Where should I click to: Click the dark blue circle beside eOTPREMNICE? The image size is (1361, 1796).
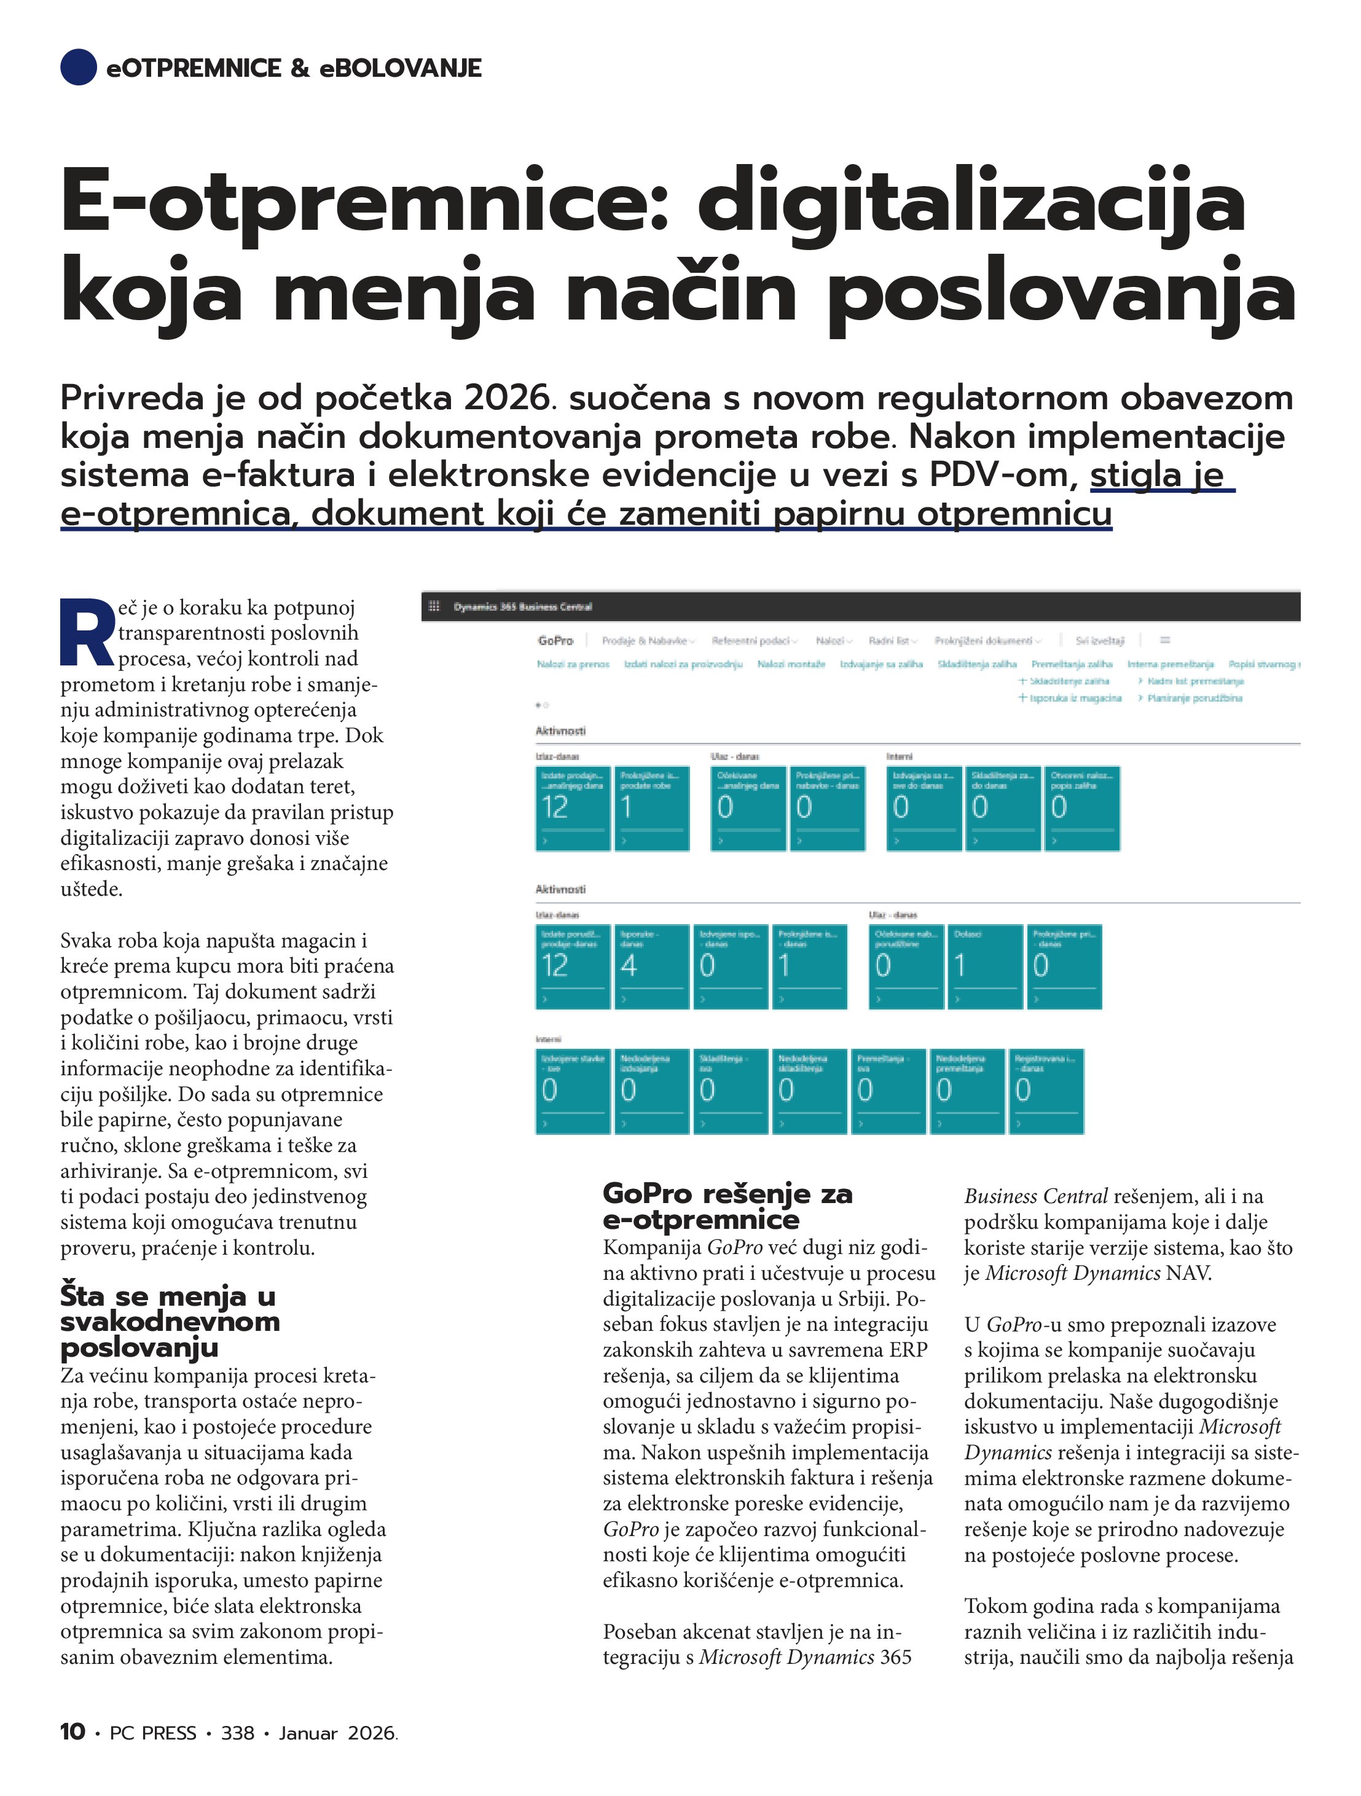[78, 68]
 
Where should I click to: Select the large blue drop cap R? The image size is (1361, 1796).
[87, 634]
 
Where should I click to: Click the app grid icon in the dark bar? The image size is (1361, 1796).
[434, 606]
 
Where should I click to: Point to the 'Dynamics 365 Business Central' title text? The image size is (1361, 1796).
[522, 606]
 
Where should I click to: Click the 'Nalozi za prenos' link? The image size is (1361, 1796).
[573, 664]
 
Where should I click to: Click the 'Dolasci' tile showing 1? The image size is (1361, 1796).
[985, 966]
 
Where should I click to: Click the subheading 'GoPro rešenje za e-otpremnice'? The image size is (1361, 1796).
[727, 1207]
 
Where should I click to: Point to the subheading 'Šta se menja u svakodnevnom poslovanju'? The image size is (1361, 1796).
[169, 1321]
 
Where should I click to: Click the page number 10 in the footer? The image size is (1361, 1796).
[73, 1732]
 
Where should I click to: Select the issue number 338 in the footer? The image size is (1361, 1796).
[237, 1733]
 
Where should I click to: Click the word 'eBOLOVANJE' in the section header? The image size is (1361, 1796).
[401, 68]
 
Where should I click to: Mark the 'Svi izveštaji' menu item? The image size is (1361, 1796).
[1099, 641]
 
